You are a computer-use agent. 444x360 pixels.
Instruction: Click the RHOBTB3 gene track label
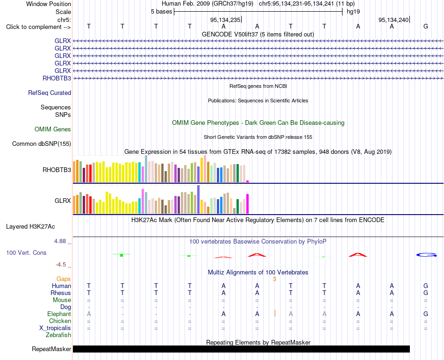[57, 78]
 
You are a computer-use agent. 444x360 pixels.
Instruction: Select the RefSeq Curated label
[50, 93]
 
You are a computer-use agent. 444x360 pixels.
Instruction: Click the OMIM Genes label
[53, 129]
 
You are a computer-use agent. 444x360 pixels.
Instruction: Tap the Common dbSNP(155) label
[42, 144]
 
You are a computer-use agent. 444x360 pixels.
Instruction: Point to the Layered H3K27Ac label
[30, 227]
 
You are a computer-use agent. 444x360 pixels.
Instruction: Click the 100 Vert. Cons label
[26, 252]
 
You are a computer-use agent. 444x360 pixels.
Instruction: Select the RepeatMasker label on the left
[51, 349]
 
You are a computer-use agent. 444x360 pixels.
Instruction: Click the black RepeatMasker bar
[241, 349]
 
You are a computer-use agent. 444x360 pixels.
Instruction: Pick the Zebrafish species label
[58, 335]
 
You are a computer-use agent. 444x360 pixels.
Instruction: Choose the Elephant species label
[59, 314]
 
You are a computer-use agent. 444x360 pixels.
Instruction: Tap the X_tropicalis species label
[55, 328]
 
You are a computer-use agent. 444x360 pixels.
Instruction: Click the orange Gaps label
[64, 279]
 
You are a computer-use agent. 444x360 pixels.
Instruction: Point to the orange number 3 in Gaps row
[274, 279]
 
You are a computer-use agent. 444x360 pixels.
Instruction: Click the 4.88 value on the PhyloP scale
[60, 241]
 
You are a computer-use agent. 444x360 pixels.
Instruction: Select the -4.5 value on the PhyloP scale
[61, 265]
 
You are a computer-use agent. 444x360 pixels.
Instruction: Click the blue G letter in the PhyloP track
[426, 255]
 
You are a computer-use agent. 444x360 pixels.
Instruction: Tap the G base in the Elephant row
[426, 314]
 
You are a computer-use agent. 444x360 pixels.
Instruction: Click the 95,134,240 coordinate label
[394, 20]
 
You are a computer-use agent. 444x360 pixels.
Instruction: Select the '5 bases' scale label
[161, 12]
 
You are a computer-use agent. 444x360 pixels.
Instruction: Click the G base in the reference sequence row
[426, 26]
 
